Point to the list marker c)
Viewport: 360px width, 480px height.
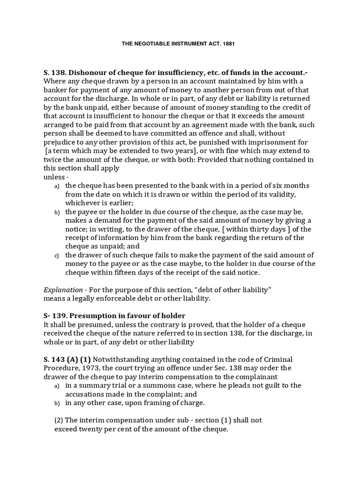[56, 255]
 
